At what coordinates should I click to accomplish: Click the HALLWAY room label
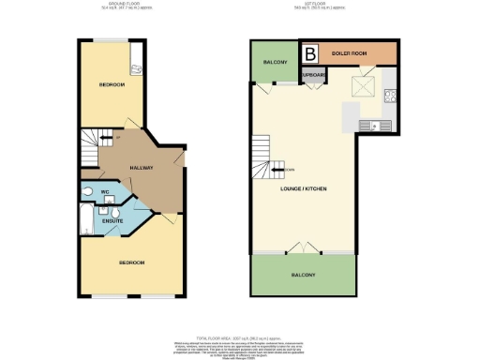pos(141,168)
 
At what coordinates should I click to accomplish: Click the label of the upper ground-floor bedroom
pos(112,85)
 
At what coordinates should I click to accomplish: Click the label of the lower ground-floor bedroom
pos(130,262)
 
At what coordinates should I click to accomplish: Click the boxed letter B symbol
pos(308,52)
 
